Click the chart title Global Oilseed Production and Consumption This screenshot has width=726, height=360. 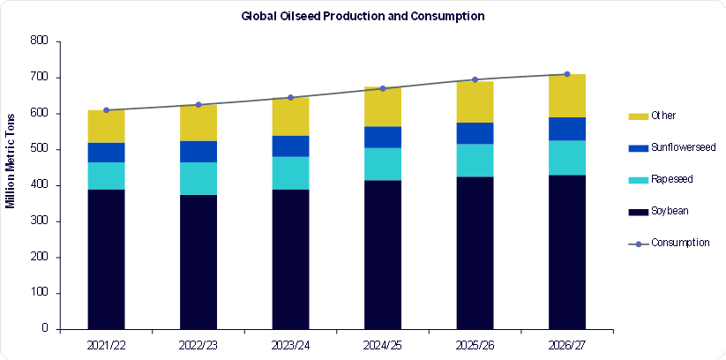pos(363,16)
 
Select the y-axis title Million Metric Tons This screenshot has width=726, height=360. pos(10,161)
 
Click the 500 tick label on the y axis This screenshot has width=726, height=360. pos(41,150)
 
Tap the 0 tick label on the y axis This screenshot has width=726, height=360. pos(45,329)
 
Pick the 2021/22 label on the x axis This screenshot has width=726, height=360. pos(106,346)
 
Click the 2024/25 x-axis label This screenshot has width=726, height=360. pos(383,346)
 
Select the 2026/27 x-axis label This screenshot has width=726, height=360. pos(567,346)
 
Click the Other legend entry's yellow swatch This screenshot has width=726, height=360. pos(638,116)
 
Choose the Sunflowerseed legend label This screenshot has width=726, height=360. pos(684,147)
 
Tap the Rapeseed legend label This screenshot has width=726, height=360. pos(672,179)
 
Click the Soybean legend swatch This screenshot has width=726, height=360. pos(638,212)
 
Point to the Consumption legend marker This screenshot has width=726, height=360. pos(638,244)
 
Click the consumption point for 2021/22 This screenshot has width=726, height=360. pos(106,110)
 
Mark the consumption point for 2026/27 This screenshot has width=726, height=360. pos(567,74)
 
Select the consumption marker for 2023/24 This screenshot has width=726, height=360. pos(291,97)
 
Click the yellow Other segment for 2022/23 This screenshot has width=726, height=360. pos(198,123)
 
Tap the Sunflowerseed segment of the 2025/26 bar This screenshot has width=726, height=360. pos(475,133)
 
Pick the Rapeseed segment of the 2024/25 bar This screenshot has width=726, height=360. pos(383,164)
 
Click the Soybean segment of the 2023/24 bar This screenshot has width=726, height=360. pos(291,259)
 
